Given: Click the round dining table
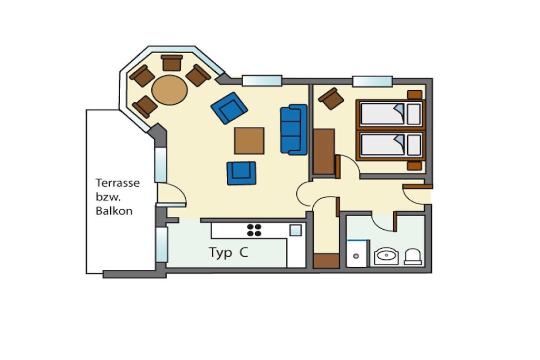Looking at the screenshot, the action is [x=169, y=90].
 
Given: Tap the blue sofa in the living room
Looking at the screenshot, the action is [x=294, y=130].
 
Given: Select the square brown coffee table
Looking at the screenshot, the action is [x=249, y=141].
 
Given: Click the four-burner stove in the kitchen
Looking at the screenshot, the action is [x=254, y=230].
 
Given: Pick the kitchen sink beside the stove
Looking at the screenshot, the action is [x=295, y=230].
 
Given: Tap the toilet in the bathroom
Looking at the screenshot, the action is [x=413, y=257].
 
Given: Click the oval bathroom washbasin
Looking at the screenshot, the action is [x=387, y=256].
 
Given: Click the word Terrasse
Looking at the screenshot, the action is [x=118, y=183].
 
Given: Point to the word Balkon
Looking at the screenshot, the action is [x=114, y=211].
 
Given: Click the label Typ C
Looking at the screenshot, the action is [x=228, y=252].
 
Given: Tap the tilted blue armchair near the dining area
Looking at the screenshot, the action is [x=229, y=108].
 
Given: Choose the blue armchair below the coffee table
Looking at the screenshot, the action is [x=242, y=173].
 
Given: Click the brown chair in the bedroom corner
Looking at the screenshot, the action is [x=331, y=99].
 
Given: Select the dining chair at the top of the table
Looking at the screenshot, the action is [x=171, y=63].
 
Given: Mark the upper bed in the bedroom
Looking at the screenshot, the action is [x=390, y=113].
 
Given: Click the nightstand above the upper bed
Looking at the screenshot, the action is [x=414, y=95].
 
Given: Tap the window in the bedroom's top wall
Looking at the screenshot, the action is [x=372, y=81].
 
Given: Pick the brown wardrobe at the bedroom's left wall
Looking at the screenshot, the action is [x=324, y=151].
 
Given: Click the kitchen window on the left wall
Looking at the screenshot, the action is [x=161, y=245].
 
